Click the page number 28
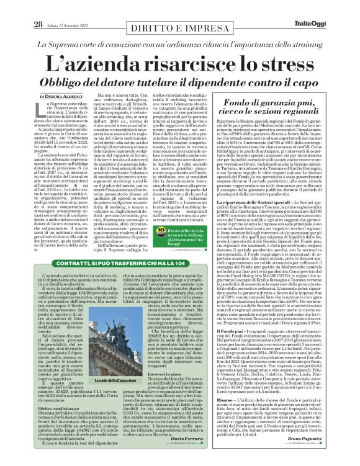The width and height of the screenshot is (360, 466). tap(21, 7)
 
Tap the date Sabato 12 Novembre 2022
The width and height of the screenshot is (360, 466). tap(50, 7)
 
